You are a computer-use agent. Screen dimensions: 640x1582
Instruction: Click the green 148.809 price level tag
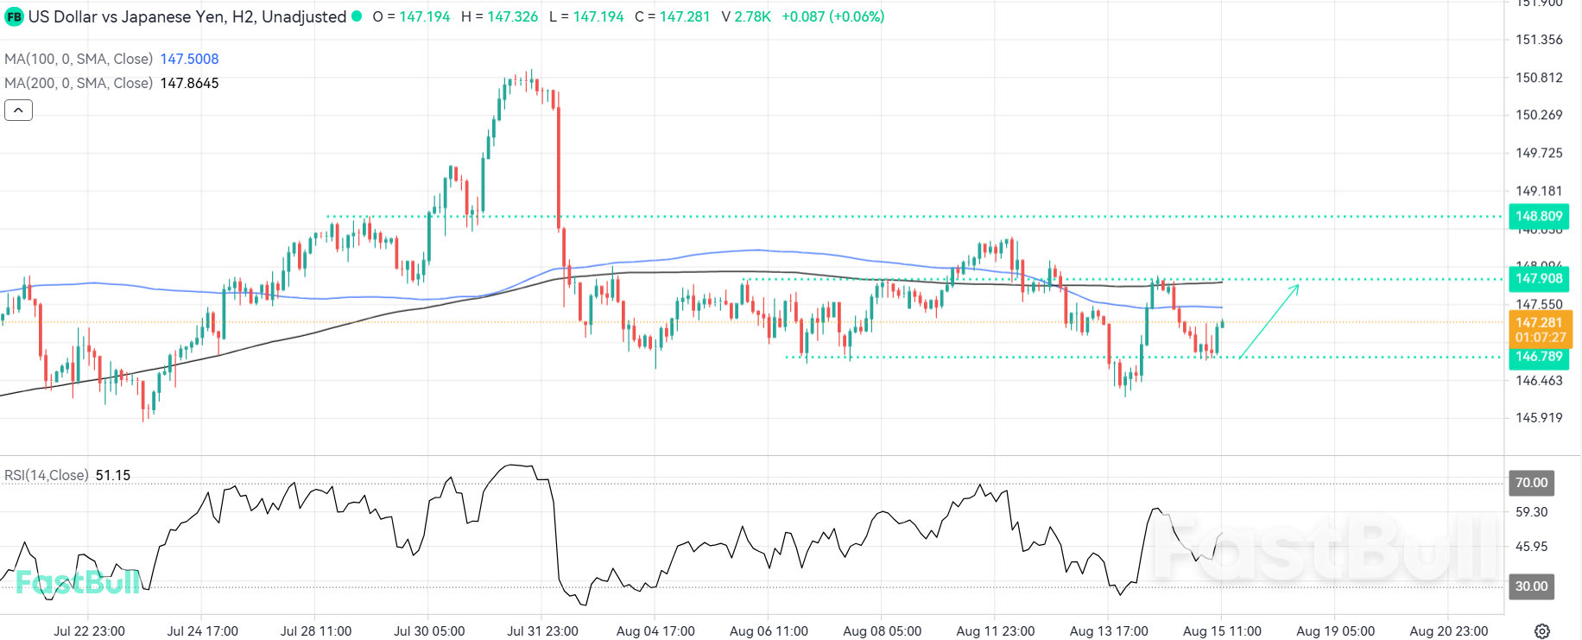(x=1538, y=216)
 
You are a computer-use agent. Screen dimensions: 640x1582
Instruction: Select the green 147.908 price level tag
(x=1538, y=278)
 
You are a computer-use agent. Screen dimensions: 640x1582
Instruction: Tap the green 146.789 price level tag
(x=1538, y=356)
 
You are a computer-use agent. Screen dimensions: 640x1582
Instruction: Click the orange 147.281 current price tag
(x=1538, y=323)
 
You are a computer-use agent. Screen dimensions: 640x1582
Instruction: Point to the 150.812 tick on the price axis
(x=1539, y=78)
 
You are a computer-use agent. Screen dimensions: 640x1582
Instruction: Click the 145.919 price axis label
(x=1539, y=417)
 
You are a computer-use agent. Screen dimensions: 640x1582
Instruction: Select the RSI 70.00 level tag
(x=1531, y=483)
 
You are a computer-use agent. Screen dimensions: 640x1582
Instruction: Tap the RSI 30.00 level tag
(x=1531, y=586)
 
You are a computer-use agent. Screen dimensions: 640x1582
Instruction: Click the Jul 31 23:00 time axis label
(x=542, y=631)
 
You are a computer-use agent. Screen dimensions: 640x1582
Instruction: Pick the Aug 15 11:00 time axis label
(x=1222, y=631)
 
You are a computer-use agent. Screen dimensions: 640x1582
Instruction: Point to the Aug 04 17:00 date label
(x=655, y=631)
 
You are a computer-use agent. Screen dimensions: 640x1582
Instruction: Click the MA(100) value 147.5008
(x=189, y=59)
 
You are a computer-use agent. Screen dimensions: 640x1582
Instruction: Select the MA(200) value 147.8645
(x=189, y=83)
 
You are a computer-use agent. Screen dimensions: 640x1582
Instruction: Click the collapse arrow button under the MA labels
(x=18, y=111)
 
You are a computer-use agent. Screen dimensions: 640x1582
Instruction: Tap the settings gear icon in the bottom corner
(x=1542, y=631)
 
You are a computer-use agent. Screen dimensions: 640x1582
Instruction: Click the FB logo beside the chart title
(x=14, y=16)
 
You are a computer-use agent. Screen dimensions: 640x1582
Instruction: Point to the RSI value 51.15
(x=113, y=475)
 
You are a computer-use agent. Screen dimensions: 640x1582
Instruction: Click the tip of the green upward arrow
(x=1298, y=285)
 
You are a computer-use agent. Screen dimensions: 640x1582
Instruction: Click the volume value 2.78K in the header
(x=752, y=16)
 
